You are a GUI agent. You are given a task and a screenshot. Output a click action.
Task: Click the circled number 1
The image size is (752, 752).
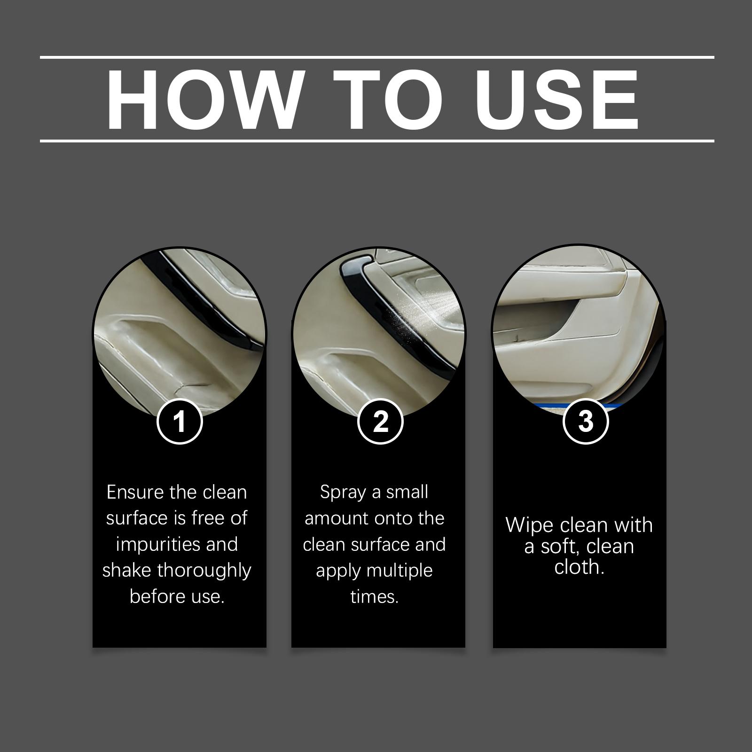coord(180,421)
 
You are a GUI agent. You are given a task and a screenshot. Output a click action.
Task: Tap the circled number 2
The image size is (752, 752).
coord(380,421)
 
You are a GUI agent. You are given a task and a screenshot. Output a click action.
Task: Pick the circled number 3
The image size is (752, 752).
coord(586,421)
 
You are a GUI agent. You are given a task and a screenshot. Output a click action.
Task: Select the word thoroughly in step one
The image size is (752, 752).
coord(204,571)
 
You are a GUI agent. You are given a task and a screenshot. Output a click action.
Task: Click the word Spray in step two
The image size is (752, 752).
coord(343,493)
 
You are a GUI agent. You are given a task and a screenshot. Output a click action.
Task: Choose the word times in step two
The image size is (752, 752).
coord(375,597)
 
